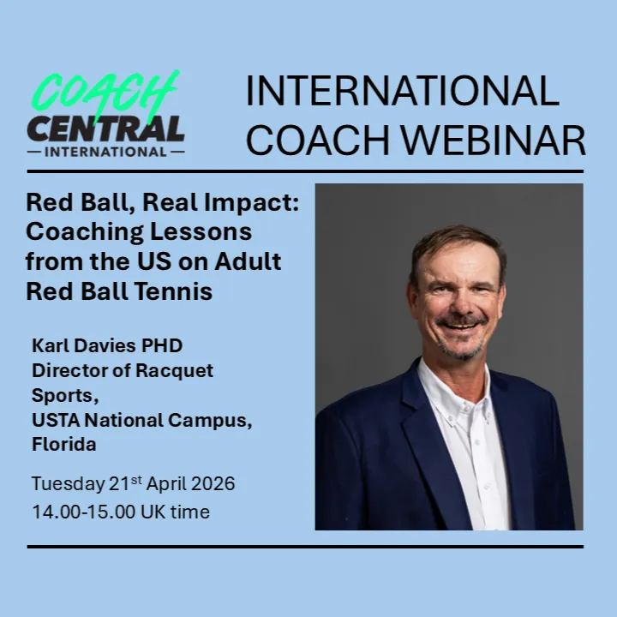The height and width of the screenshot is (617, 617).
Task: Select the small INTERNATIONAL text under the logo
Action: (x=105, y=153)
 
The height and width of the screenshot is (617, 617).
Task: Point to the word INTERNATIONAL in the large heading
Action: (x=402, y=91)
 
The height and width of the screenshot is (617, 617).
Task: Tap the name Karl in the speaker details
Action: (x=51, y=345)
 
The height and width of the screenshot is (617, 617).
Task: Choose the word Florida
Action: (x=63, y=445)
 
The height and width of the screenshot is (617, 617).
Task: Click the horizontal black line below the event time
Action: (x=304, y=546)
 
